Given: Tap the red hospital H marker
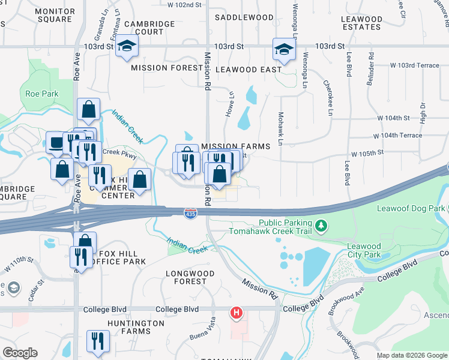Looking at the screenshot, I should [x=237, y=313].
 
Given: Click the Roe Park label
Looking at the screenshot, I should [x=42, y=94].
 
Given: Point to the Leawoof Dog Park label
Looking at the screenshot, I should [x=411, y=208].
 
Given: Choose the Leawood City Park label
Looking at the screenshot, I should [x=364, y=250].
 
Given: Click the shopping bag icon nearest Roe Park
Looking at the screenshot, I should [x=88, y=110].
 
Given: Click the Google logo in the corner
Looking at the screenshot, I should [x=20, y=353].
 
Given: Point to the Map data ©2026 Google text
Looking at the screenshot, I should [x=411, y=355].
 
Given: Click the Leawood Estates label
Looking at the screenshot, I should [x=361, y=23].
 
